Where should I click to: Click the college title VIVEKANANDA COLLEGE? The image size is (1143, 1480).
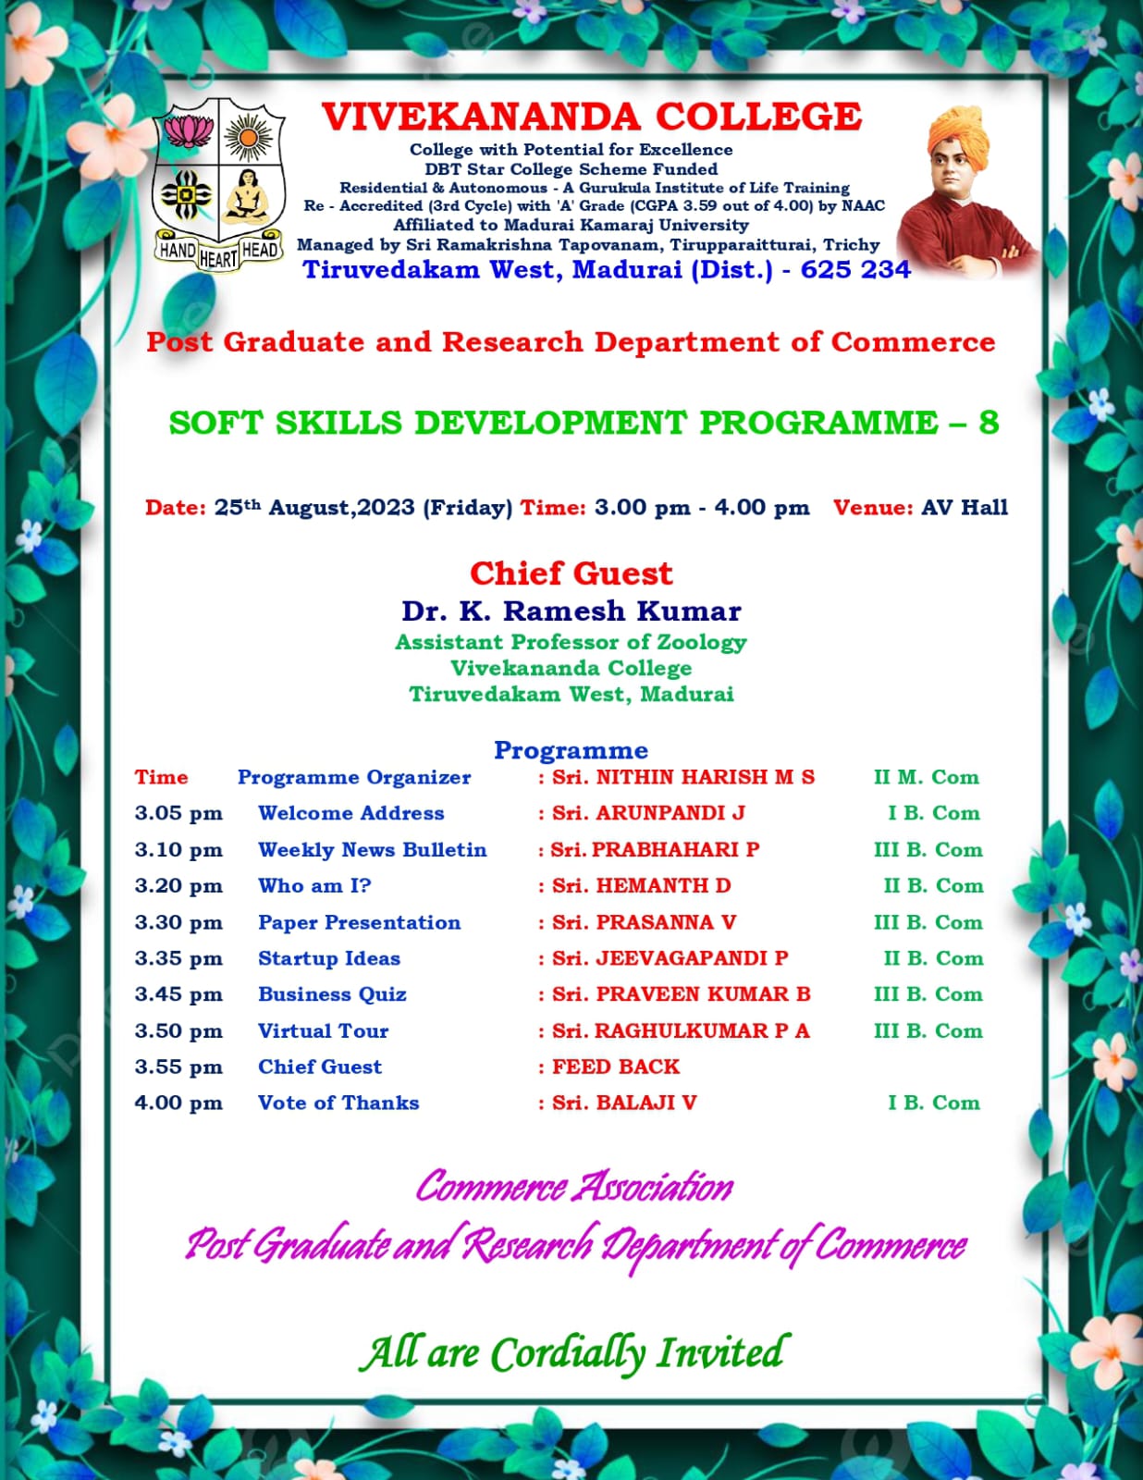(x=592, y=117)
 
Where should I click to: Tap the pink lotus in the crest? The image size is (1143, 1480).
(x=189, y=130)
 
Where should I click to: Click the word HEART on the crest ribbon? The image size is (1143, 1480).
(x=218, y=259)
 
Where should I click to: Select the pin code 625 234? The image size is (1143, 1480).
(x=855, y=270)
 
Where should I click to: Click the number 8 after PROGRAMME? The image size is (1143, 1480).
(x=989, y=422)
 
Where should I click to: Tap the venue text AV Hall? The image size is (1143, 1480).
(x=965, y=507)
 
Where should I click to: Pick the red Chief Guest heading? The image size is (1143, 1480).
(x=571, y=573)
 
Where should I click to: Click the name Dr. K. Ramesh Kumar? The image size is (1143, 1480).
(x=571, y=611)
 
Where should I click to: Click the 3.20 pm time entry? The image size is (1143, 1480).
(x=178, y=886)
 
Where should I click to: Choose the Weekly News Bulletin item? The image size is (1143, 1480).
(x=372, y=850)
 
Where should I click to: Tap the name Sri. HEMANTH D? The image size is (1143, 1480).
(x=641, y=886)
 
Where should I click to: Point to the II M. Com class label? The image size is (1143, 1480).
(x=926, y=777)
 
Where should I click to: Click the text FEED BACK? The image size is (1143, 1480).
(x=616, y=1067)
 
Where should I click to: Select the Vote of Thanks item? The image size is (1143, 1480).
(x=338, y=1103)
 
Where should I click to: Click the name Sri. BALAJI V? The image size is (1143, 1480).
(x=624, y=1103)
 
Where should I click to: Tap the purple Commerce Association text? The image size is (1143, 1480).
(x=573, y=1187)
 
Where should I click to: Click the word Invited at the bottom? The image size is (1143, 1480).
(x=719, y=1352)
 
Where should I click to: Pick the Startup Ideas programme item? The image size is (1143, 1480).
(x=329, y=958)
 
